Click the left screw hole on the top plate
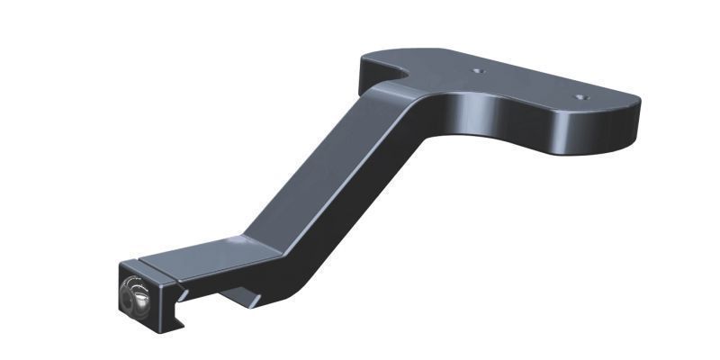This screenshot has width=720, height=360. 479,70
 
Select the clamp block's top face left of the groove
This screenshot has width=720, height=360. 144,264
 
